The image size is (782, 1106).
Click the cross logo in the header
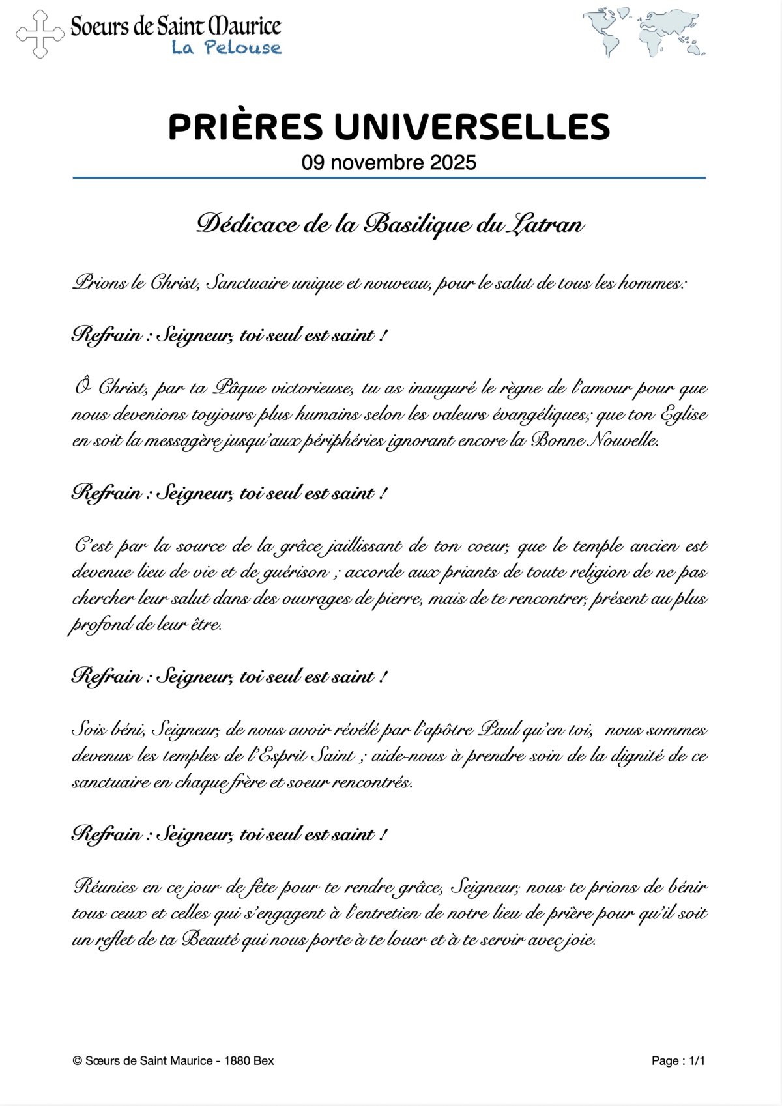[40, 34]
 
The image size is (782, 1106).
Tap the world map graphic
[644, 32]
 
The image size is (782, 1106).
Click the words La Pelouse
[226, 48]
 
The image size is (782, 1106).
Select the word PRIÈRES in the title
[245, 127]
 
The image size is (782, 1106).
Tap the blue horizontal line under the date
[389, 177]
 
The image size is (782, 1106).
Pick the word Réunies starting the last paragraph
[106, 887]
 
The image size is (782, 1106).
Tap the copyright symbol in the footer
[77, 1061]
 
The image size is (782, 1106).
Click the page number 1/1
[696, 1061]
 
